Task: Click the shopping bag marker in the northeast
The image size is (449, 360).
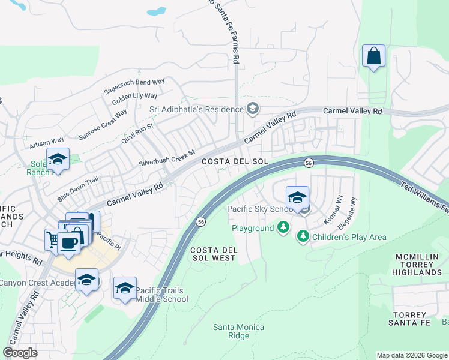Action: [x=374, y=57]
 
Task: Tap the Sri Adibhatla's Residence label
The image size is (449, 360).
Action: [x=197, y=109]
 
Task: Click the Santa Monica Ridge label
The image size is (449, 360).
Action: [x=231, y=331]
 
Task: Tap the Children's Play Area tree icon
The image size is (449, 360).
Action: [x=303, y=237]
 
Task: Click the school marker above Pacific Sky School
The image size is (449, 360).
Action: [x=297, y=198]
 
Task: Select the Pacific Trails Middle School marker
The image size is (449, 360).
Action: [x=125, y=289]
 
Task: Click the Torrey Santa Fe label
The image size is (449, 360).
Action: [x=417, y=319]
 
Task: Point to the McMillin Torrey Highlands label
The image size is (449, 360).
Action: [x=418, y=265]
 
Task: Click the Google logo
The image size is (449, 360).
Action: [x=20, y=353]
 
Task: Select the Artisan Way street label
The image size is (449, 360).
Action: [x=47, y=143]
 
